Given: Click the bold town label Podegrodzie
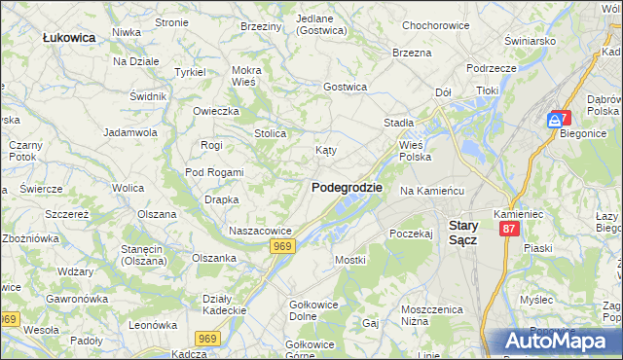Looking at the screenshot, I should [x=347, y=187].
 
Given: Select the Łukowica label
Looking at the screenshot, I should [x=68, y=37].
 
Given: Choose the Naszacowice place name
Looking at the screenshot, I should [x=260, y=231].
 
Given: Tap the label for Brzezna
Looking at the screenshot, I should [x=412, y=53].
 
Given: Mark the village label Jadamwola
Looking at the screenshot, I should [x=130, y=131].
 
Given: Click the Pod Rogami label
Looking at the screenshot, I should [x=214, y=172].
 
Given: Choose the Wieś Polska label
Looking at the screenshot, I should [x=416, y=150].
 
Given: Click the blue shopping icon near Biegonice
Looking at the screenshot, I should [x=555, y=120].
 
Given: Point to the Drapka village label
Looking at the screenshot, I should [x=215, y=199].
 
